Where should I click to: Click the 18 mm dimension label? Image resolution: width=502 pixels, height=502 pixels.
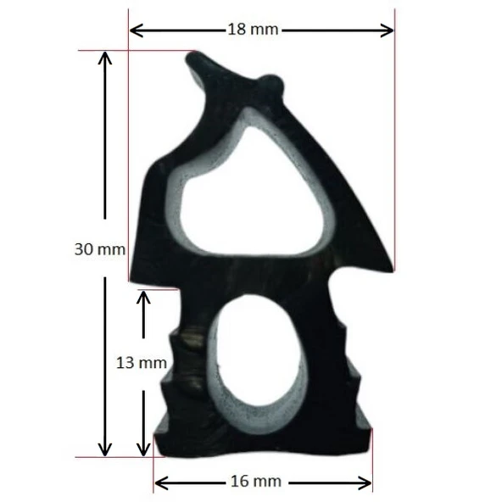point(253,30)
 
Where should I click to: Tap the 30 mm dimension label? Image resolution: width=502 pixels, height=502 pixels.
point(100,249)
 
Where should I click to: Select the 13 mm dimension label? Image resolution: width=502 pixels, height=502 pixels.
point(142,363)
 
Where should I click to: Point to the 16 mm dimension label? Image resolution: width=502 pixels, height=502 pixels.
point(256,481)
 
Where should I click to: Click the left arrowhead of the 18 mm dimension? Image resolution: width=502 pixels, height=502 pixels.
point(137,31)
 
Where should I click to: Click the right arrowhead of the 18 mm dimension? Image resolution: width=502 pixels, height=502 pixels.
point(387,31)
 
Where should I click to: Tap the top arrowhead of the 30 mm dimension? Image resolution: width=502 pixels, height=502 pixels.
point(105,58)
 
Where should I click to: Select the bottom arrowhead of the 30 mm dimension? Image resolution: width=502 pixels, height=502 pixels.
point(105,449)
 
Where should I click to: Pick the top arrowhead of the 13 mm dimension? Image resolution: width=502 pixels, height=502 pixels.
point(143,298)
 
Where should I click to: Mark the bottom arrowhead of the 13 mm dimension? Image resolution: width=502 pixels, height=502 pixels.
point(143,449)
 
